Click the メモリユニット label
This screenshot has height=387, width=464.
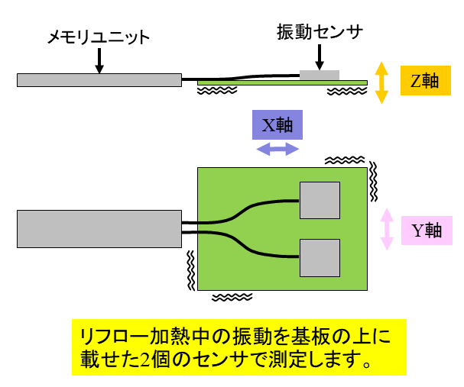tap(98, 37)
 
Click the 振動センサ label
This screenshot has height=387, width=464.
tap(319, 32)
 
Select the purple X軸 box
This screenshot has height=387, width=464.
tap(277, 125)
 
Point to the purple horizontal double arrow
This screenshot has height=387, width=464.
tap(277, 150)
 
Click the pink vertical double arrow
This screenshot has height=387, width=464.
tap(387, 228)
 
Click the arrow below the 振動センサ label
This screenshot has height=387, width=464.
tap(320, 57)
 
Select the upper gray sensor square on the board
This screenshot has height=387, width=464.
tap(320, 202)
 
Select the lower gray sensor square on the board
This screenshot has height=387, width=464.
tap(320, 257)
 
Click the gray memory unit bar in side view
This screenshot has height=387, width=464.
tap(99, 79)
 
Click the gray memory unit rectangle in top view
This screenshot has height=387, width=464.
tap(99, 229)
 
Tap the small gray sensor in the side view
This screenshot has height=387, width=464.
tap(320, 74)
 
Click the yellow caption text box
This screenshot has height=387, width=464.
tap(238, 347)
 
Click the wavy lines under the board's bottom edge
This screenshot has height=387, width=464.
tap(232, 296)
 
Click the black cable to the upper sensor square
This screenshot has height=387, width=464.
tap(245, 209)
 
